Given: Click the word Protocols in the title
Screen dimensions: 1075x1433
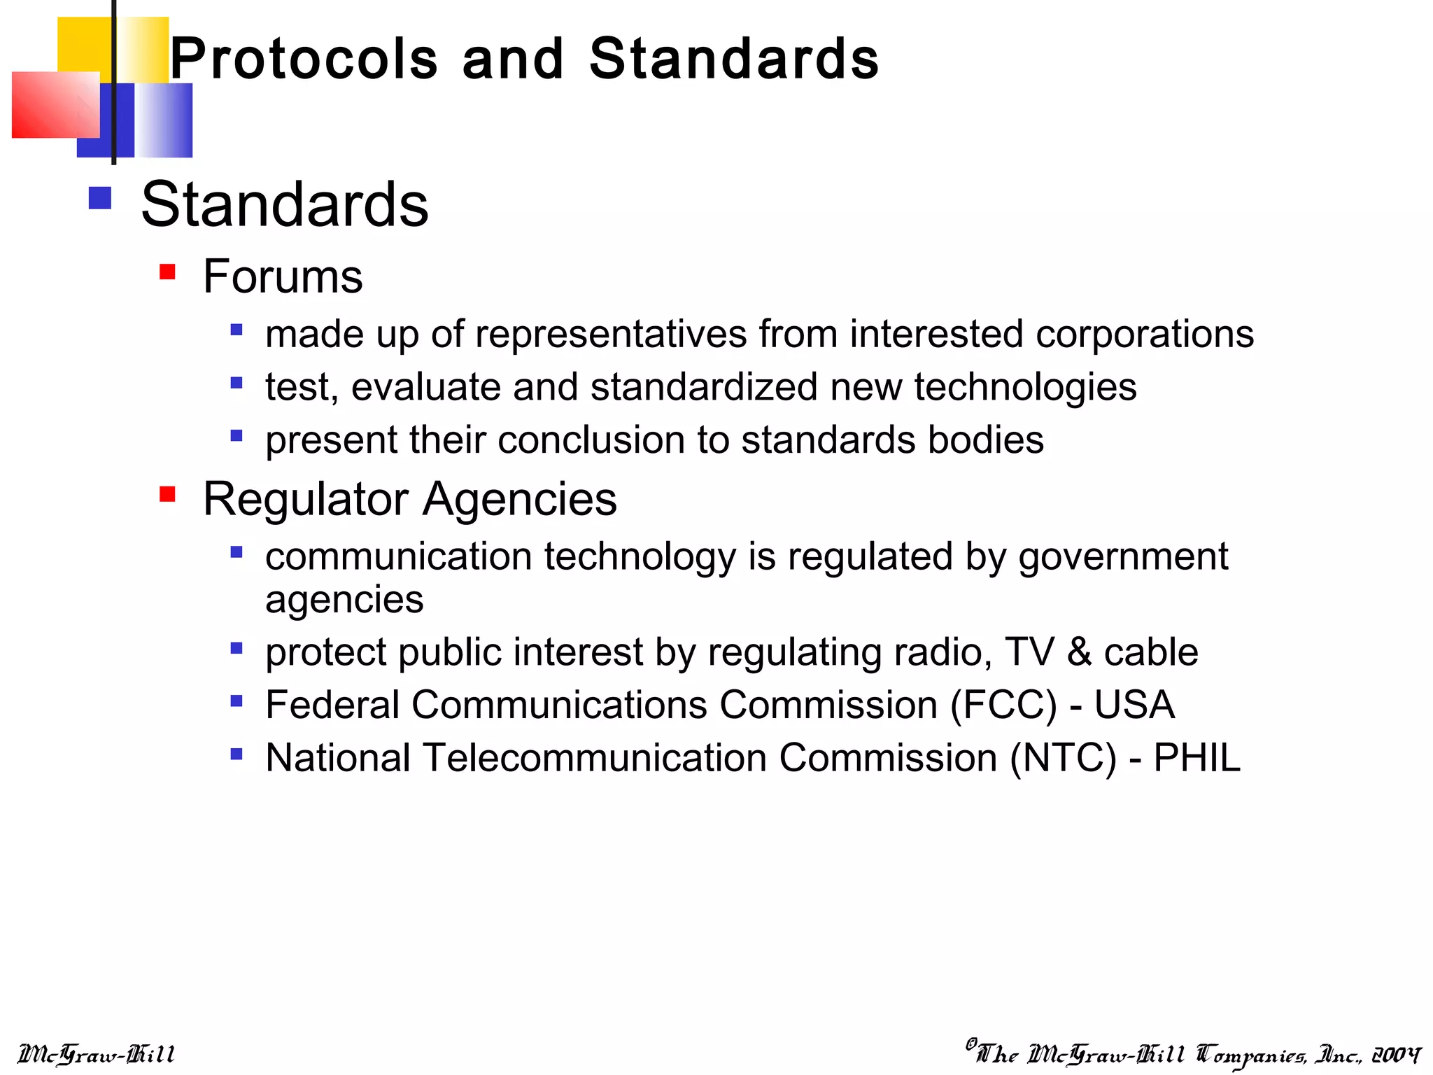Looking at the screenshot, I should [x=304, y=59].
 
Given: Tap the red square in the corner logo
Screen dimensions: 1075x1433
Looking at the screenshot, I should [x=55, y=105].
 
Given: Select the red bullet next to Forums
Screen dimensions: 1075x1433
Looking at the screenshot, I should [x=167, y=272].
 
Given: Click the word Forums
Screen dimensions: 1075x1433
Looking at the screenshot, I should [x=283, y=276].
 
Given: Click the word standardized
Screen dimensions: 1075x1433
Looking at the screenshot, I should [x=704, y=387].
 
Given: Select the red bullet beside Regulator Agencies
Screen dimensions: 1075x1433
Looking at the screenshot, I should [x=167, y=495].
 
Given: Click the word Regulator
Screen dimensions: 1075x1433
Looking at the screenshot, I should [x=306, y=499].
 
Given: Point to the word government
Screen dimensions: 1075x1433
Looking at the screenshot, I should [x=1123, y=558].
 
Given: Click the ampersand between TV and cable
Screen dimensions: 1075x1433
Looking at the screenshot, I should [x=1079, y=652].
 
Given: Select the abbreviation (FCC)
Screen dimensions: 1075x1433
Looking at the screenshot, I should [x=1003, y=705].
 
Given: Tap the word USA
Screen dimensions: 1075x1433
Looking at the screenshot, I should [x=1134, y=705].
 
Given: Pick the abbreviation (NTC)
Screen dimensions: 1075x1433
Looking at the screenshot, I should [x=1063, y=758].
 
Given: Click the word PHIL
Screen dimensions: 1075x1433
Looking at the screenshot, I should [x=1196, y=758].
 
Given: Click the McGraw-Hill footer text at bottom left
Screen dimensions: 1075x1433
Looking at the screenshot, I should [x=96, y=1054].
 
